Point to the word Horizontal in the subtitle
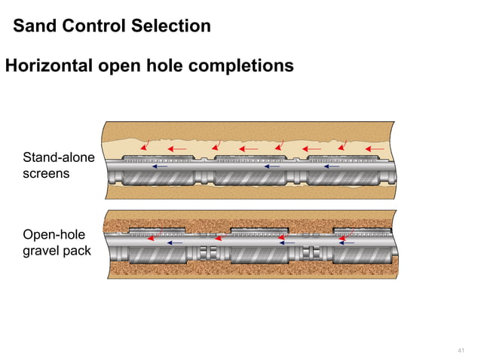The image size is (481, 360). pos(47,66)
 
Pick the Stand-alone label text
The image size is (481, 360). pos(58,158)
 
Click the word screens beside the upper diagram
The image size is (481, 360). pos(46,173)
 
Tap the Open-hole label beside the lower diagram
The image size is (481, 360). pos(54,234)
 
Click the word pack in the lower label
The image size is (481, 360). pos(78,250)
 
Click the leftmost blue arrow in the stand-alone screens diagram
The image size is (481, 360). pos(159,166)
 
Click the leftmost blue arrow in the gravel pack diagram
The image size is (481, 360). pos(174,243)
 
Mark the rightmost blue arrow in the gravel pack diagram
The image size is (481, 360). pos(347,243)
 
